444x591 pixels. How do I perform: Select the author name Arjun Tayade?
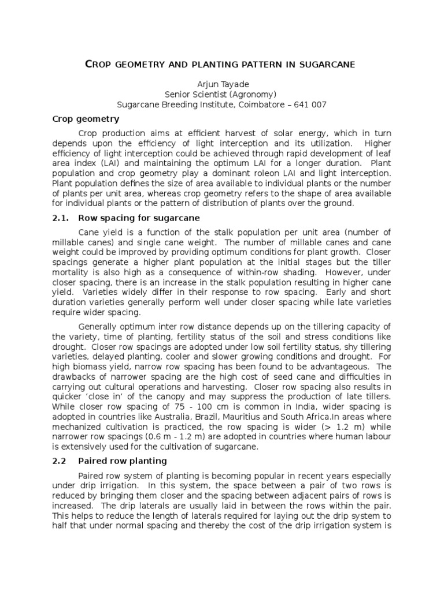[x=222, y=84]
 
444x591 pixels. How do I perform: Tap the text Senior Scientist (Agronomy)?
[x=222, y=94]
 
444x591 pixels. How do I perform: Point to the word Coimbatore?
[x=265, y=104]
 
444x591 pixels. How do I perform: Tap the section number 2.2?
[x=60, y=461]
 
